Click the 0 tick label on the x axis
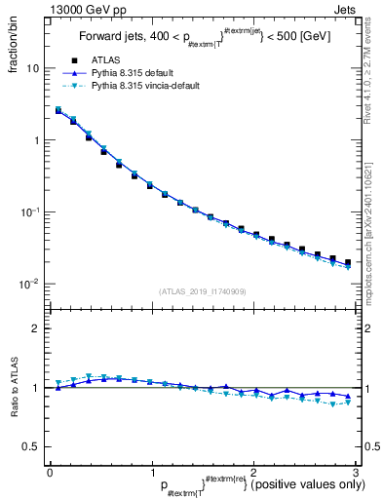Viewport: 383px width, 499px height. click(50, 472)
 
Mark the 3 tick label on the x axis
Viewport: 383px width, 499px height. click(356, 472)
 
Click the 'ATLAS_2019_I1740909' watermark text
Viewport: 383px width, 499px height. click(202, 291)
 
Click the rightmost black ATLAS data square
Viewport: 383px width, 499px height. click(348, 262)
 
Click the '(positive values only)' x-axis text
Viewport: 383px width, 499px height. click(302, 484)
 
